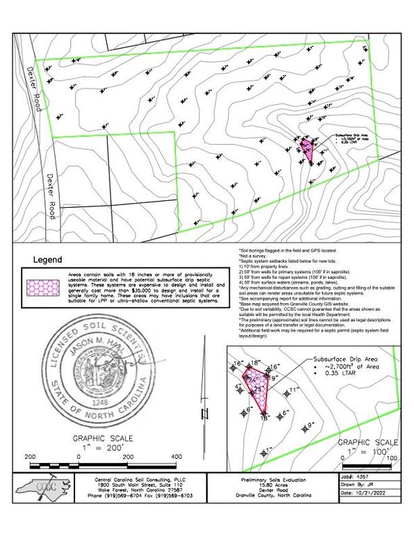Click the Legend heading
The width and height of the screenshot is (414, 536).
pyautogui.click(x=48, y=259)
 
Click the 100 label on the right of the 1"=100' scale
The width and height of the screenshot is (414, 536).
pyautogui.click(x=391, y=458)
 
